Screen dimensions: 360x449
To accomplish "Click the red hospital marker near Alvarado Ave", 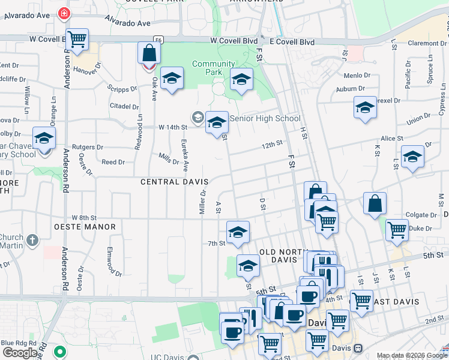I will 64,13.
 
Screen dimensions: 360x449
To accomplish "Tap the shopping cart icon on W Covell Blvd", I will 77,40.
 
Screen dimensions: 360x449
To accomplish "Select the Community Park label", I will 214,68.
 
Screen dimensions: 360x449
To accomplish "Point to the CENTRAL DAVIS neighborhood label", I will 174,182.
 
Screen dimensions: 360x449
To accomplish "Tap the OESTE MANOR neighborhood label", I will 85,227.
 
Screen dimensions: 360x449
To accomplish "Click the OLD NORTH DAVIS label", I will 278,256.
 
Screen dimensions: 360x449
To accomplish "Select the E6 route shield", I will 158,40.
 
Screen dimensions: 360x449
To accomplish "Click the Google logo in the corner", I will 20,353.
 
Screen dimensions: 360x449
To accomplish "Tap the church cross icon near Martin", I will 32,241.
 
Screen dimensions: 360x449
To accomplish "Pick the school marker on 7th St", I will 238,232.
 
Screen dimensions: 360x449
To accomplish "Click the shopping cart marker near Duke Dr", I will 397,230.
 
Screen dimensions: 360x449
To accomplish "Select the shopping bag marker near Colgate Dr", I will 375,204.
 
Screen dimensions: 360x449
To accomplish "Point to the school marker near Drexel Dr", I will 365,108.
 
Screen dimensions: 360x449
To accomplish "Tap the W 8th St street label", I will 84,217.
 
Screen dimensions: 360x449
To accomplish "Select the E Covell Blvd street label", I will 292,41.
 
